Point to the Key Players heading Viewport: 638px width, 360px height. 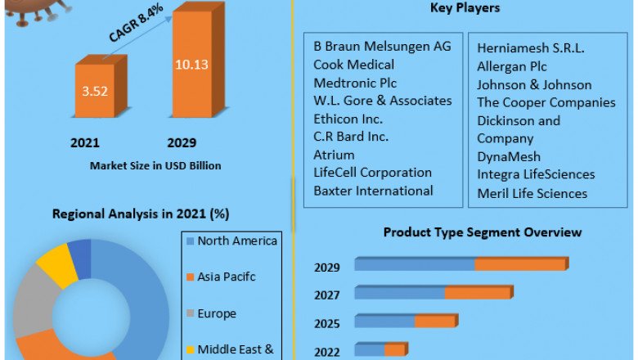coord(465,8)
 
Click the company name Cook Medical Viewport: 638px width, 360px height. coord(353,65)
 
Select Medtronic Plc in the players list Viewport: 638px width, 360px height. coord(355,83)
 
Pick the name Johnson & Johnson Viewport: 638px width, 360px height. coord(534,84)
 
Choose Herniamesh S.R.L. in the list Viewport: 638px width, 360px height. coord(530,48)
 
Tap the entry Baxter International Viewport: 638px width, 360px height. coord(373,191)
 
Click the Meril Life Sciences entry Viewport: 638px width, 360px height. coord(532,193)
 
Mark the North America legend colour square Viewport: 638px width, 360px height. coord(190,241)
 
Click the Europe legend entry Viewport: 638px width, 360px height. coord(217,313)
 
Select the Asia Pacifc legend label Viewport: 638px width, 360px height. coord(227,277)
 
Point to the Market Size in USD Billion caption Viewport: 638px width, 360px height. coord(155,165)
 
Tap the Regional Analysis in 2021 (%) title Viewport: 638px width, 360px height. coord(141,214)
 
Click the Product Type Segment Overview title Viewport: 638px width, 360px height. coord(483,232)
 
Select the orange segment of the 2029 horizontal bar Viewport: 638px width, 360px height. coord(520,264)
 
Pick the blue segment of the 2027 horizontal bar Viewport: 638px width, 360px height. coord(399,293)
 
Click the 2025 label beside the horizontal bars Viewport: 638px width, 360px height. coord(327,322)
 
